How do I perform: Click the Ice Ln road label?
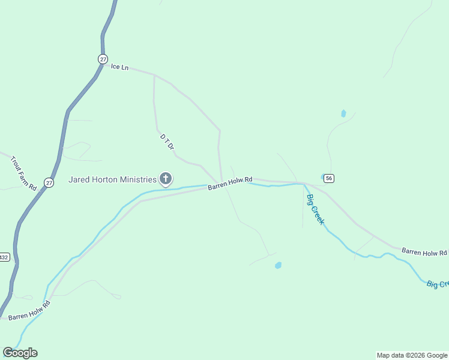coord(120,67)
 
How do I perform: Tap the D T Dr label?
coord(167,142)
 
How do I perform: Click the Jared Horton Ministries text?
coord(112,179)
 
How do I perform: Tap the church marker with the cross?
coord(165,178)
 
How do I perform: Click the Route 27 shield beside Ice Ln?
coord(103,58)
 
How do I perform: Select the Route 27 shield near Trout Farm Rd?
coord(49,182)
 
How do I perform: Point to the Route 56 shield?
coord(329,178)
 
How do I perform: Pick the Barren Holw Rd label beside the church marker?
coord(231,182)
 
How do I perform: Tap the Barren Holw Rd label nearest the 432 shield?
coord(29,310)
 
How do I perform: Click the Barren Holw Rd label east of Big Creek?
coord(424,252)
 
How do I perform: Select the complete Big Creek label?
coord(315,209)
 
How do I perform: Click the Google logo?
coord(20,353)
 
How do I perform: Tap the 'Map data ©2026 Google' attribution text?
coord(412,355)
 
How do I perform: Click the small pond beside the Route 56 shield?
coord(324,177)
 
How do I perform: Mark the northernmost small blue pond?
coord(343,113)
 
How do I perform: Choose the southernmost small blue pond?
coord(278,265)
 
